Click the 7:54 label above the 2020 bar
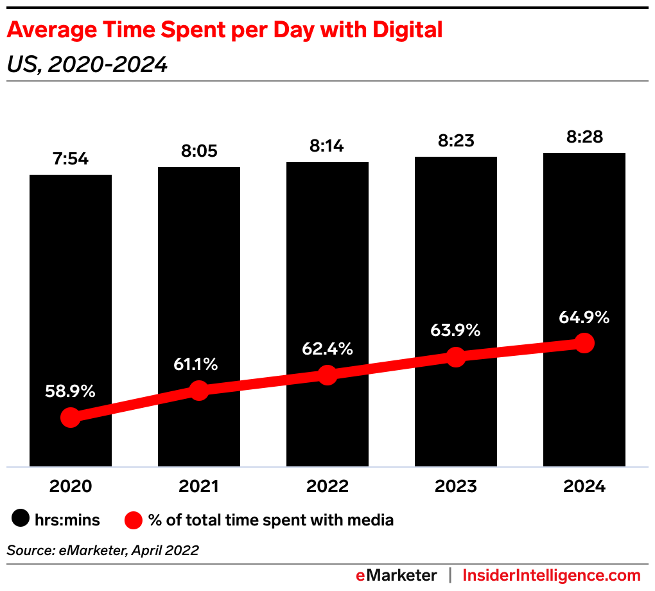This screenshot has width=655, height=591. tap(71, 159)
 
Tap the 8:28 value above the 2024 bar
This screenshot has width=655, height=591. tap(584, 137)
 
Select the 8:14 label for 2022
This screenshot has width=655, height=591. tap(327, 146)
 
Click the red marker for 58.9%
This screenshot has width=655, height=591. tap(71, 418)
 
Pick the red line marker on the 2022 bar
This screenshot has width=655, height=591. tap(327, 375)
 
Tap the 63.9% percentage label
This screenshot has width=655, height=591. tap(455, 331)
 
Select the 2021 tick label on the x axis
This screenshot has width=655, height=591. tap(199, 486)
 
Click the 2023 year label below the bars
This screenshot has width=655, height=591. tap(456, 486)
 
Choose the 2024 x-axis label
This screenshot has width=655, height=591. tap(584, 486)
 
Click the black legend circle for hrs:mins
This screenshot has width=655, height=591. tap(22, 520)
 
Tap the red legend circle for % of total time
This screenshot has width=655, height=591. tap(134, 520)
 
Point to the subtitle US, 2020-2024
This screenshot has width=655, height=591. tap(87, 64)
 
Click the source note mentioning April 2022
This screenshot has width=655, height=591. tap(103, 550)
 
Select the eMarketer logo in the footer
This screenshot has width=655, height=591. tap(396, 575)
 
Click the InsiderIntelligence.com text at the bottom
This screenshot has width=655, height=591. tap(552, 575)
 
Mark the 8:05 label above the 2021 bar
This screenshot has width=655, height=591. tap(199, 151)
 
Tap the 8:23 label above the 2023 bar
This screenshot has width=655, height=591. tap(456, 141)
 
